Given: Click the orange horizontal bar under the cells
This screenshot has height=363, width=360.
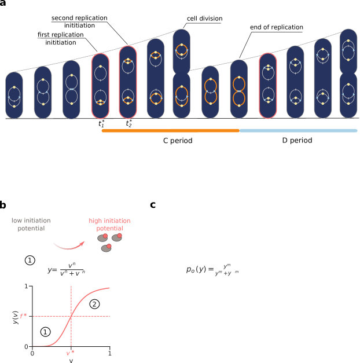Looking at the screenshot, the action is pyautogui.click(x=170, y=131).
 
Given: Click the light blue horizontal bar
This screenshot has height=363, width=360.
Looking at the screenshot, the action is pyautogui.click(x=298, y=131).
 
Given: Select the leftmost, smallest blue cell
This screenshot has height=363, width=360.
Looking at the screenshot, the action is pyautogui.click(x=14, y=96).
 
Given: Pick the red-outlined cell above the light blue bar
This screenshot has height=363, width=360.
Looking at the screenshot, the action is pyautogui.click(x=267, y=85).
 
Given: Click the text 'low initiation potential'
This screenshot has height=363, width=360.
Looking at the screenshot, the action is pyautogui.click(x=31, y=225).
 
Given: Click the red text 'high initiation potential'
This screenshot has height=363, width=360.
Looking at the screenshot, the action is pyautogui.click(x=109, y=225).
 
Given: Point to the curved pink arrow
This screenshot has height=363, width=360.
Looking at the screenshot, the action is pyautogui.click(x=68, y=246).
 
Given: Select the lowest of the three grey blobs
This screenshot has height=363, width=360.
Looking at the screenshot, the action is pyautogui.click(x=106, y=248).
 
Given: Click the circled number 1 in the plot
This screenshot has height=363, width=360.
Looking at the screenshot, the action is pyautogui.click(x=46, y=332).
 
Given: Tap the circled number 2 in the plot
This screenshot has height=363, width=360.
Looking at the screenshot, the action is pyautogui.click(x=95, y=304).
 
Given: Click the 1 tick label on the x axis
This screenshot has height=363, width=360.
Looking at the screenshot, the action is pyautogui.click(x=109, y=353).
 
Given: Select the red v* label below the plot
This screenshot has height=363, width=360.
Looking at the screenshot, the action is pyautogui.click(x=70, y=353).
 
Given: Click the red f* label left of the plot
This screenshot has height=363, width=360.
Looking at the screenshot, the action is pyautogui.click(x=24, y=316).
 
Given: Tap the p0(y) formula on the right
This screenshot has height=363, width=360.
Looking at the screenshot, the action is pyautogui.click(x=212, y=270).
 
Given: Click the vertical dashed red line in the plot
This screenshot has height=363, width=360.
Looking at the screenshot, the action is pyautogui.click(x=71, y=301).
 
